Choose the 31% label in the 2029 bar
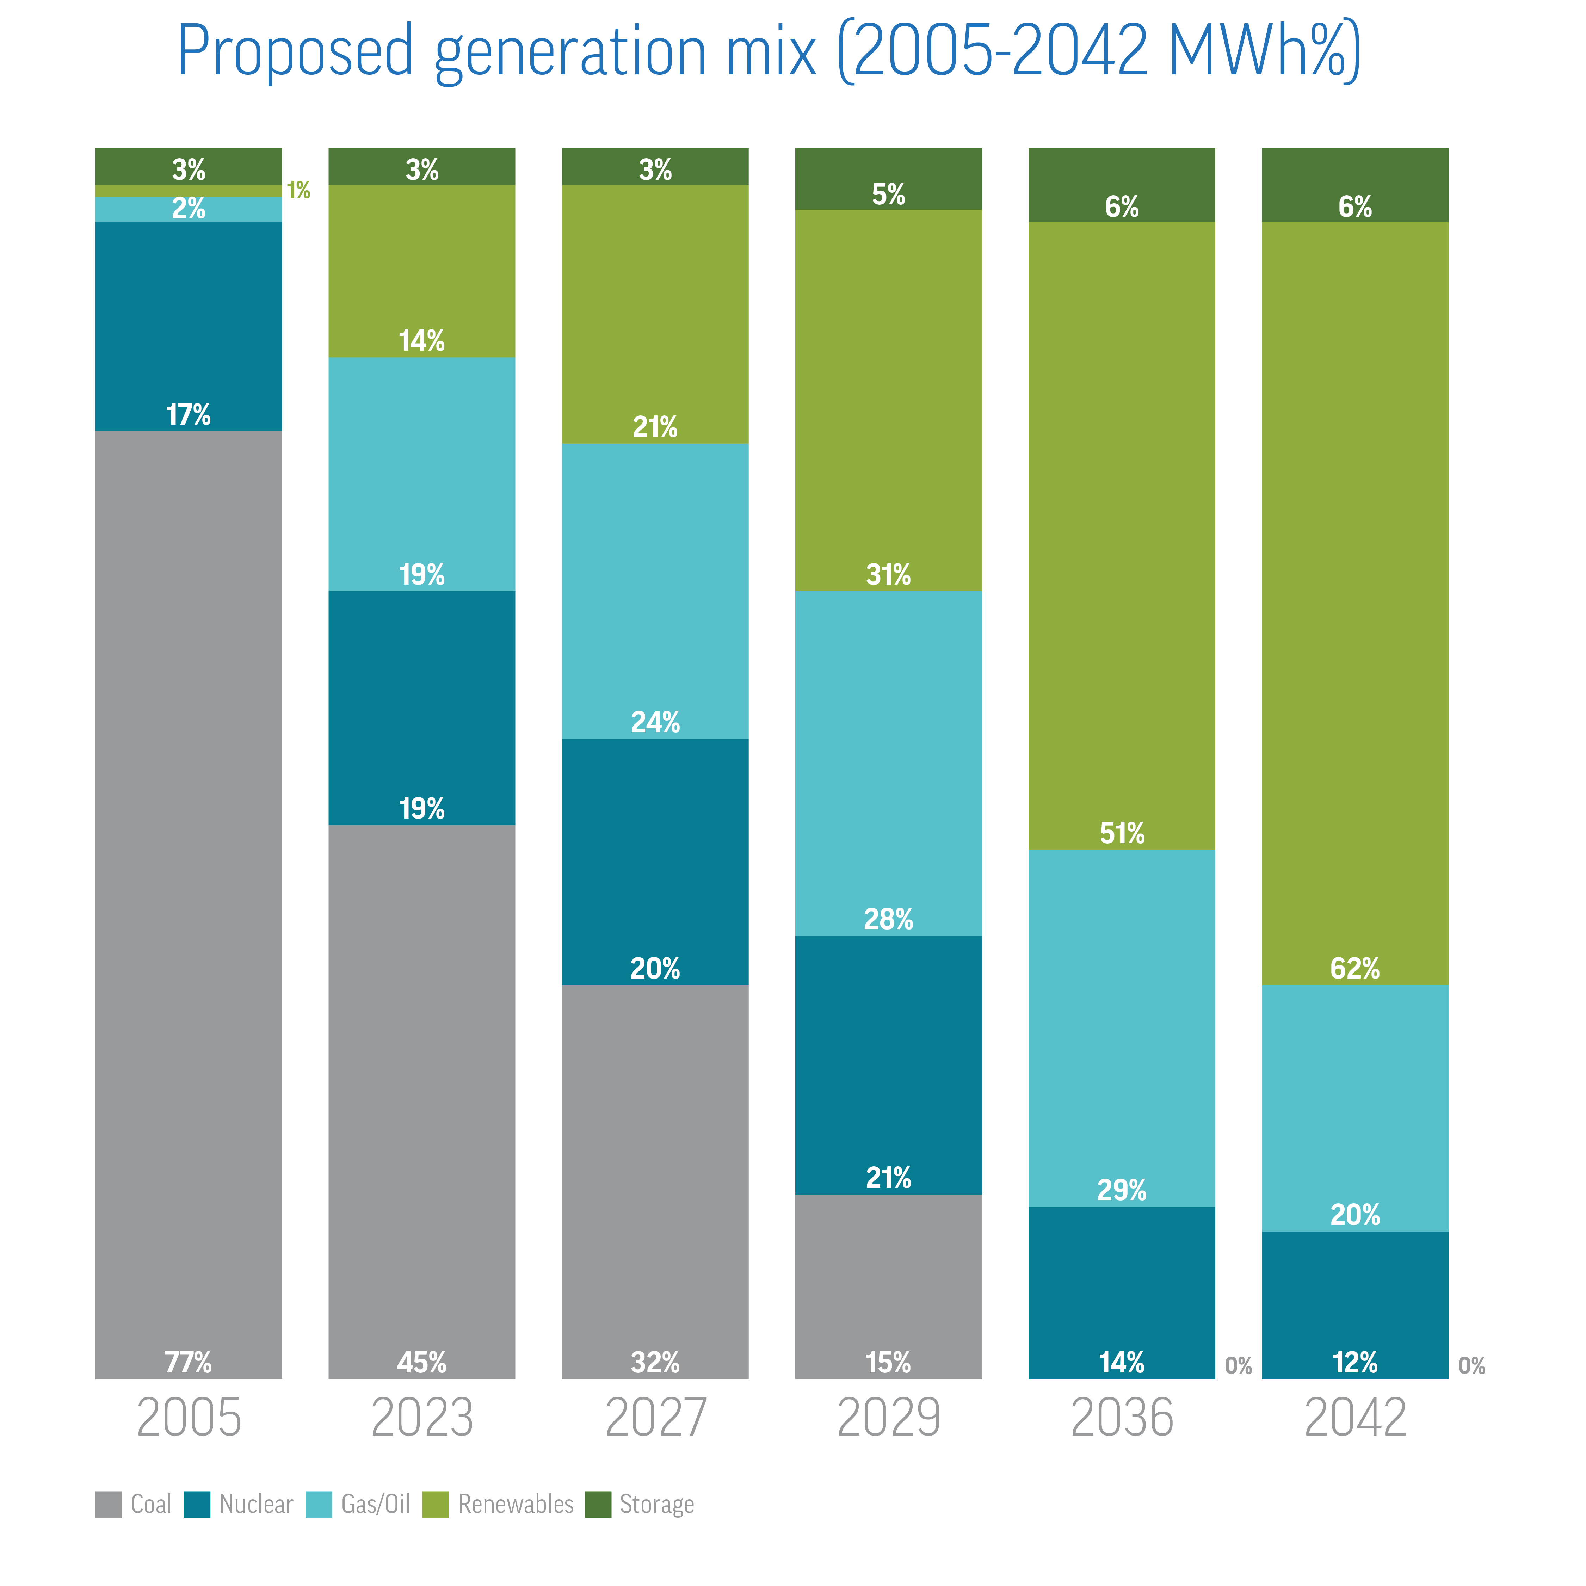pos(888,575)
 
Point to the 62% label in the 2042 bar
pos(1354,969)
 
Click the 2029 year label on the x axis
pos(888,1418)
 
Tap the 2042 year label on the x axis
pos(1354,1418)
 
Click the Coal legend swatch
pos(109,1505)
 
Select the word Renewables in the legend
pos(516,1505)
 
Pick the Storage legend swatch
pos(598,1505)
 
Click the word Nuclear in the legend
pos(256,1505)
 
